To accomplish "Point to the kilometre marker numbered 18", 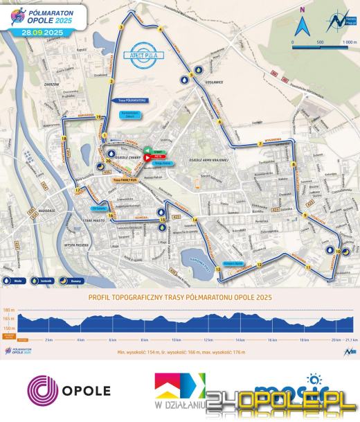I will (x=63, y=139).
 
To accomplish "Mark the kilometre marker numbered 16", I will (x=111, y=215).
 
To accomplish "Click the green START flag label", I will (x=159, y=150).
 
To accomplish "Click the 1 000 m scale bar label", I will (x=348, y=42).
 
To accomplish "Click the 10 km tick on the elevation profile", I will (x=176, y=341).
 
